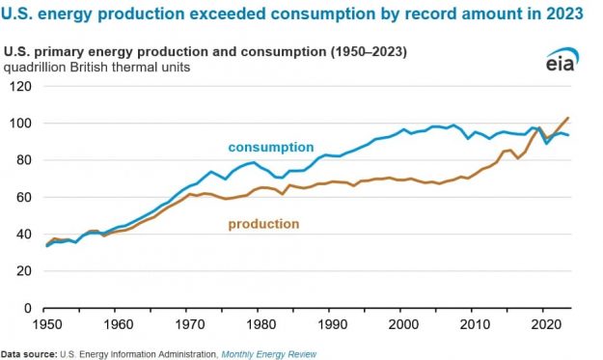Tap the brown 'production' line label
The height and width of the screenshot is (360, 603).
pos(263,224)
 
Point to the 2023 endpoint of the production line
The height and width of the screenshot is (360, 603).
pos(568,118)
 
